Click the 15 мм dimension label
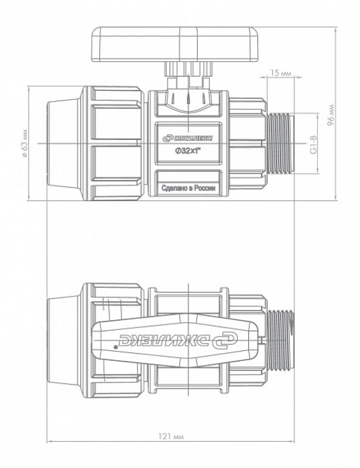point(281,72)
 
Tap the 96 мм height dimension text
point(330,115)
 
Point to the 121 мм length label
point(171,436)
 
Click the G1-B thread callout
point(313,145)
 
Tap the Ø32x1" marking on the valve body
point(187,151)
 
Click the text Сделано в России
point(188,189)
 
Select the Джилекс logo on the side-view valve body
point(187,138)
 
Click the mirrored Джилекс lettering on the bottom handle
point(179,340)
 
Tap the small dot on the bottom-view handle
point(116,347)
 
